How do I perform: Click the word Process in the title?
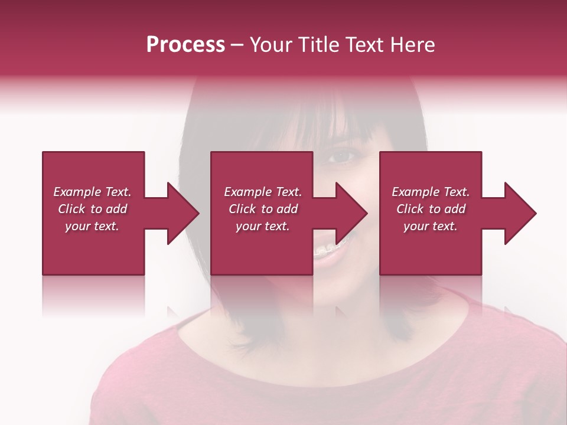pos(185,45)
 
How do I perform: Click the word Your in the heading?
pos(270,45)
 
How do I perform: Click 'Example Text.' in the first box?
pos(92,192)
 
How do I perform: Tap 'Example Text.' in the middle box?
pos(263,192)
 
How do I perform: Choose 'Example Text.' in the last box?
pos(431,192)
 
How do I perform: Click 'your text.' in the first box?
pos(92,226)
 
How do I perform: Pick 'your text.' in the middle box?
pos(263,226)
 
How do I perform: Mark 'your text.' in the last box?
pos(431,226)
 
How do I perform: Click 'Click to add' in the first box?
pos(92,209)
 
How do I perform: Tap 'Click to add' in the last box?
pos(431,209)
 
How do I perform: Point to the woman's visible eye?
pos(343,156)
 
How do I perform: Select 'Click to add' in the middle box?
pos(263,209)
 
